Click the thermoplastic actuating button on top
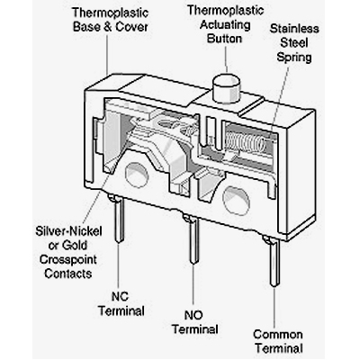227,88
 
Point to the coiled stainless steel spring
245,141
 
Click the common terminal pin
274,261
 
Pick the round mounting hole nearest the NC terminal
137,175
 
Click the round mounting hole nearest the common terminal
236,201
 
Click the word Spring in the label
294,57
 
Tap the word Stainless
294,29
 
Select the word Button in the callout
224,39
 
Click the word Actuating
225,24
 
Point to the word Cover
131,27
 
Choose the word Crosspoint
68,259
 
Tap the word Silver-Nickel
68,231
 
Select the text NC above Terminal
120,296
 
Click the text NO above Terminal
193,315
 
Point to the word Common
277,335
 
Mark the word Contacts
68,274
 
